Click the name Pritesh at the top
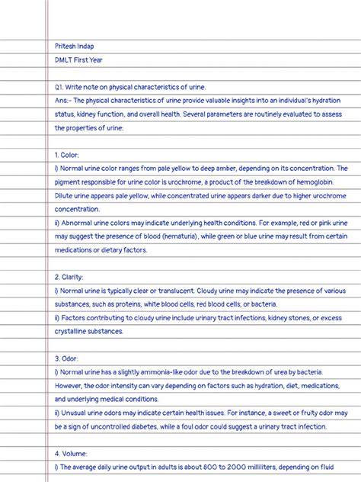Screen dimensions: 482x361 pyautogui.click(x=65, y=45)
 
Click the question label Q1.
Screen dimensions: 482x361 pyautogui.click(x=59, y=87)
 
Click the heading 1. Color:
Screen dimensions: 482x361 pyautogui.click(x=67, y=155)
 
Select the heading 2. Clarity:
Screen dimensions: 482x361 pyautogui.click(x=69, y=277)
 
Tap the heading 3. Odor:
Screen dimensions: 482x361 pyautogui.click(x=67, y=358)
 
